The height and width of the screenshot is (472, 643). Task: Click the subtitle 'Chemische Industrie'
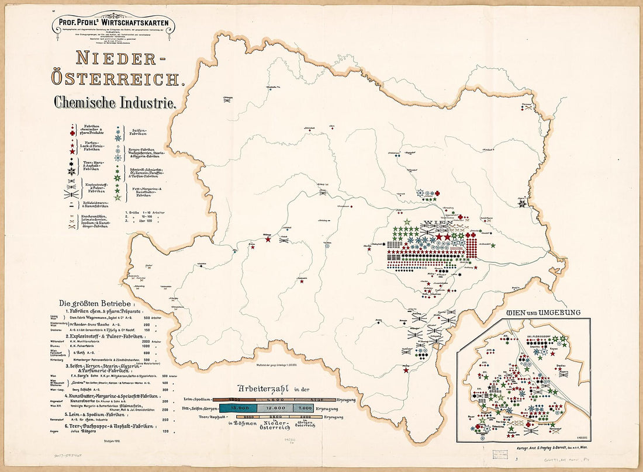coord(115,102)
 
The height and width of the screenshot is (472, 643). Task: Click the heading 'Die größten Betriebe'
coord(96,304)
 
